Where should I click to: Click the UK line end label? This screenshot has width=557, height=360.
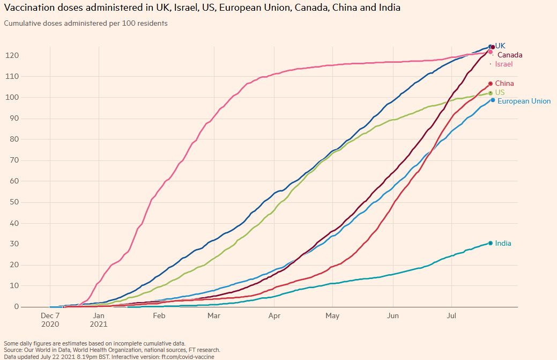tap(500, 46)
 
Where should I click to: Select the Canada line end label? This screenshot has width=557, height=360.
tap(509, 55)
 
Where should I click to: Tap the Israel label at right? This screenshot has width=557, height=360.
tap(504, 64)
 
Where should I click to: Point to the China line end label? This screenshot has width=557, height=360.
tap(504, 84)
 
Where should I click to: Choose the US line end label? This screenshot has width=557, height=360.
tap(500, 92)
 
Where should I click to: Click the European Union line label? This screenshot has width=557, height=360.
tap(524, 101)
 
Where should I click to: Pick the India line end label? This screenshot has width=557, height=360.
tap(503, 244)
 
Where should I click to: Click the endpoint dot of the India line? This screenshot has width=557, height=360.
tap(491, 244)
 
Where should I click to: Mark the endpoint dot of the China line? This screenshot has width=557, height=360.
tap(491, 84)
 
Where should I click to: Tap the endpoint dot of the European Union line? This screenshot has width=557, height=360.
tap(493, 100)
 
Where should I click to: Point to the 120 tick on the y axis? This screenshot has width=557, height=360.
tap(12, 55)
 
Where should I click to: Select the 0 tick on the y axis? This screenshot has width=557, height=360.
tap(17, 307)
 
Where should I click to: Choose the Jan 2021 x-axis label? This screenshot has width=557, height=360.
tap(99, 320)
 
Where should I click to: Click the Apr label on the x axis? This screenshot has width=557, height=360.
tap(273, 316)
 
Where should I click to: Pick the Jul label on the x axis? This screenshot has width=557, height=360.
tap(451, 316)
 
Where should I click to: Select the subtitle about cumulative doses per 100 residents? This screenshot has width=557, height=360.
tap(86, 24)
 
